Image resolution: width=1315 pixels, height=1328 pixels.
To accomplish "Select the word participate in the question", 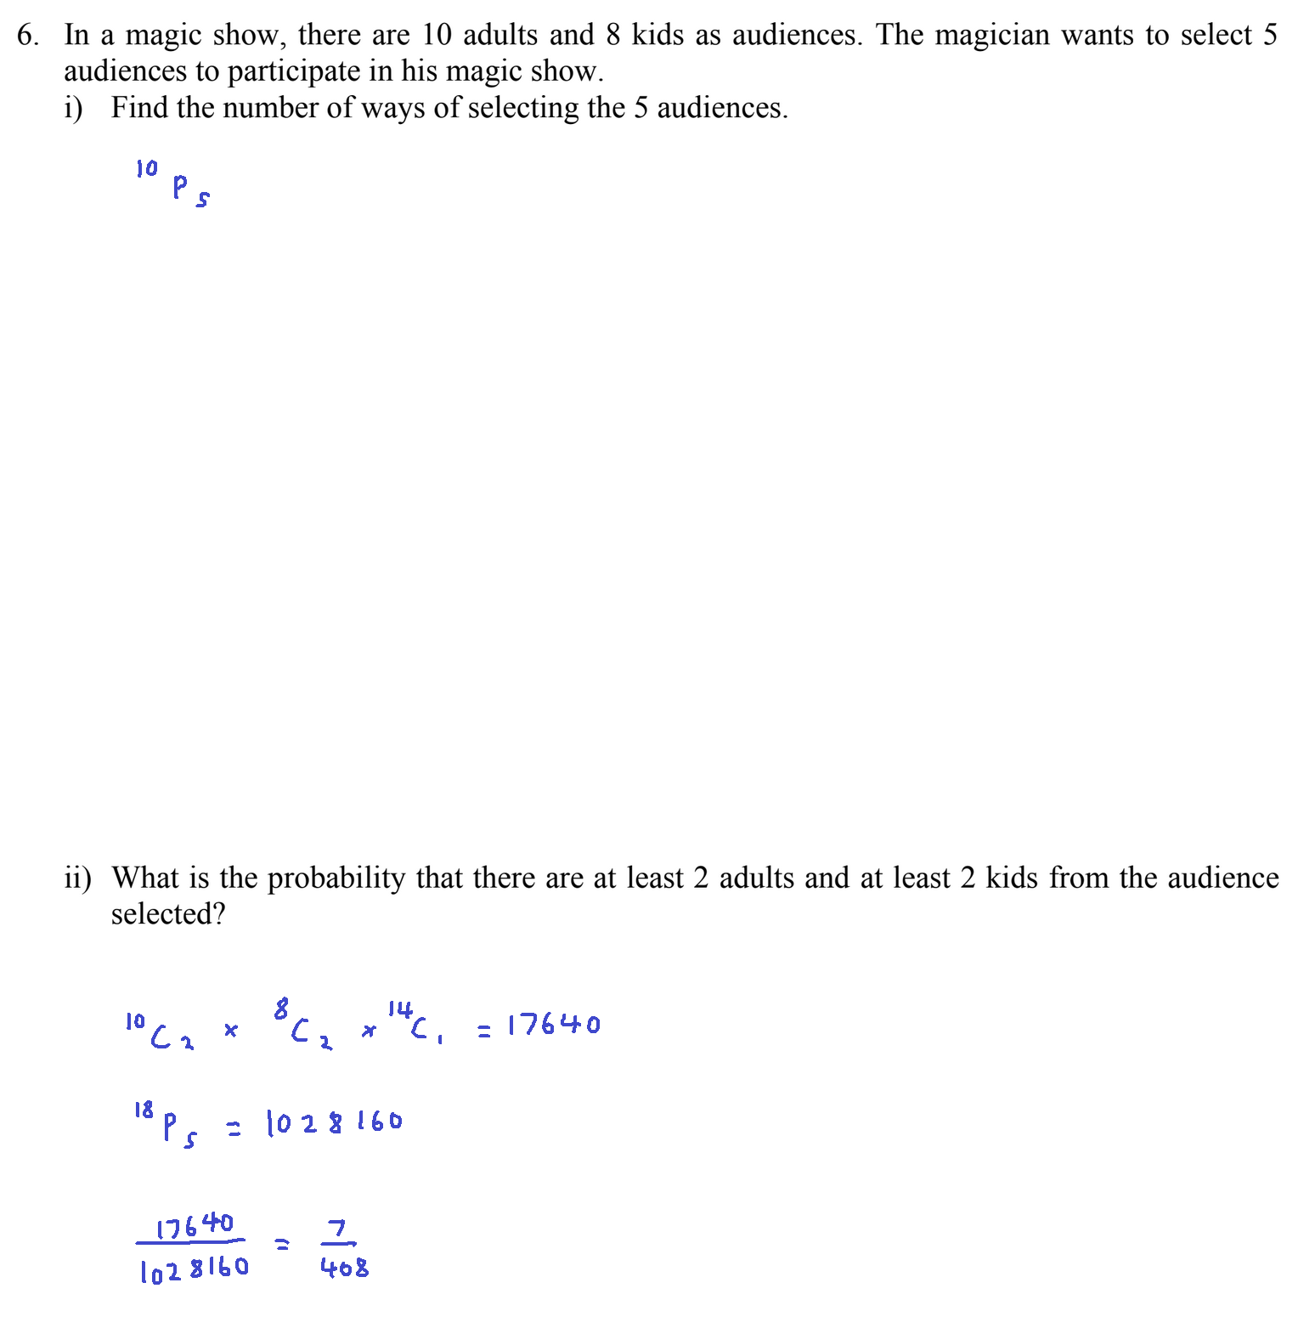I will pos(294,71).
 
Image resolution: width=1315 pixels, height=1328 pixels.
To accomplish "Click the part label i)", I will pos(73,108).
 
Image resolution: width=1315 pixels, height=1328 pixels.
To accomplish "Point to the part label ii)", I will pos(77,878).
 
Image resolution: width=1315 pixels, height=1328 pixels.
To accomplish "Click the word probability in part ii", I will pos(336,878).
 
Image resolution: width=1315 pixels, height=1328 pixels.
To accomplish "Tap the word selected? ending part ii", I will pos(168,914).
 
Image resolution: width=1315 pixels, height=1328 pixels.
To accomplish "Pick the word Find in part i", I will pos(139,108).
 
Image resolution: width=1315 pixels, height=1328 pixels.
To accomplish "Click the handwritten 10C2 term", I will pos(160,1031).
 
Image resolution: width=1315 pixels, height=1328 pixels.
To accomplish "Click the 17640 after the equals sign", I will pos(554,1026).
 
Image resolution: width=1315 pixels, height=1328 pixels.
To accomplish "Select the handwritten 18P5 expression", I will pos(166,1124).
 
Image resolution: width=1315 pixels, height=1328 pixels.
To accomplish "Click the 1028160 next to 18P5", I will pos(334,1123).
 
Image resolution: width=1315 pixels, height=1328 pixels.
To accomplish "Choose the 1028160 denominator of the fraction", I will pos(195,1269).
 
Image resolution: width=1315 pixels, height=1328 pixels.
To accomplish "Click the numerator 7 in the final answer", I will pos(337,1229).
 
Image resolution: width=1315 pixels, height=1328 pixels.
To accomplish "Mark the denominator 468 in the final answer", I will pos(344,1268).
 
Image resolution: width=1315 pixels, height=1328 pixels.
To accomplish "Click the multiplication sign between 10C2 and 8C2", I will pos(230,1031).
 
